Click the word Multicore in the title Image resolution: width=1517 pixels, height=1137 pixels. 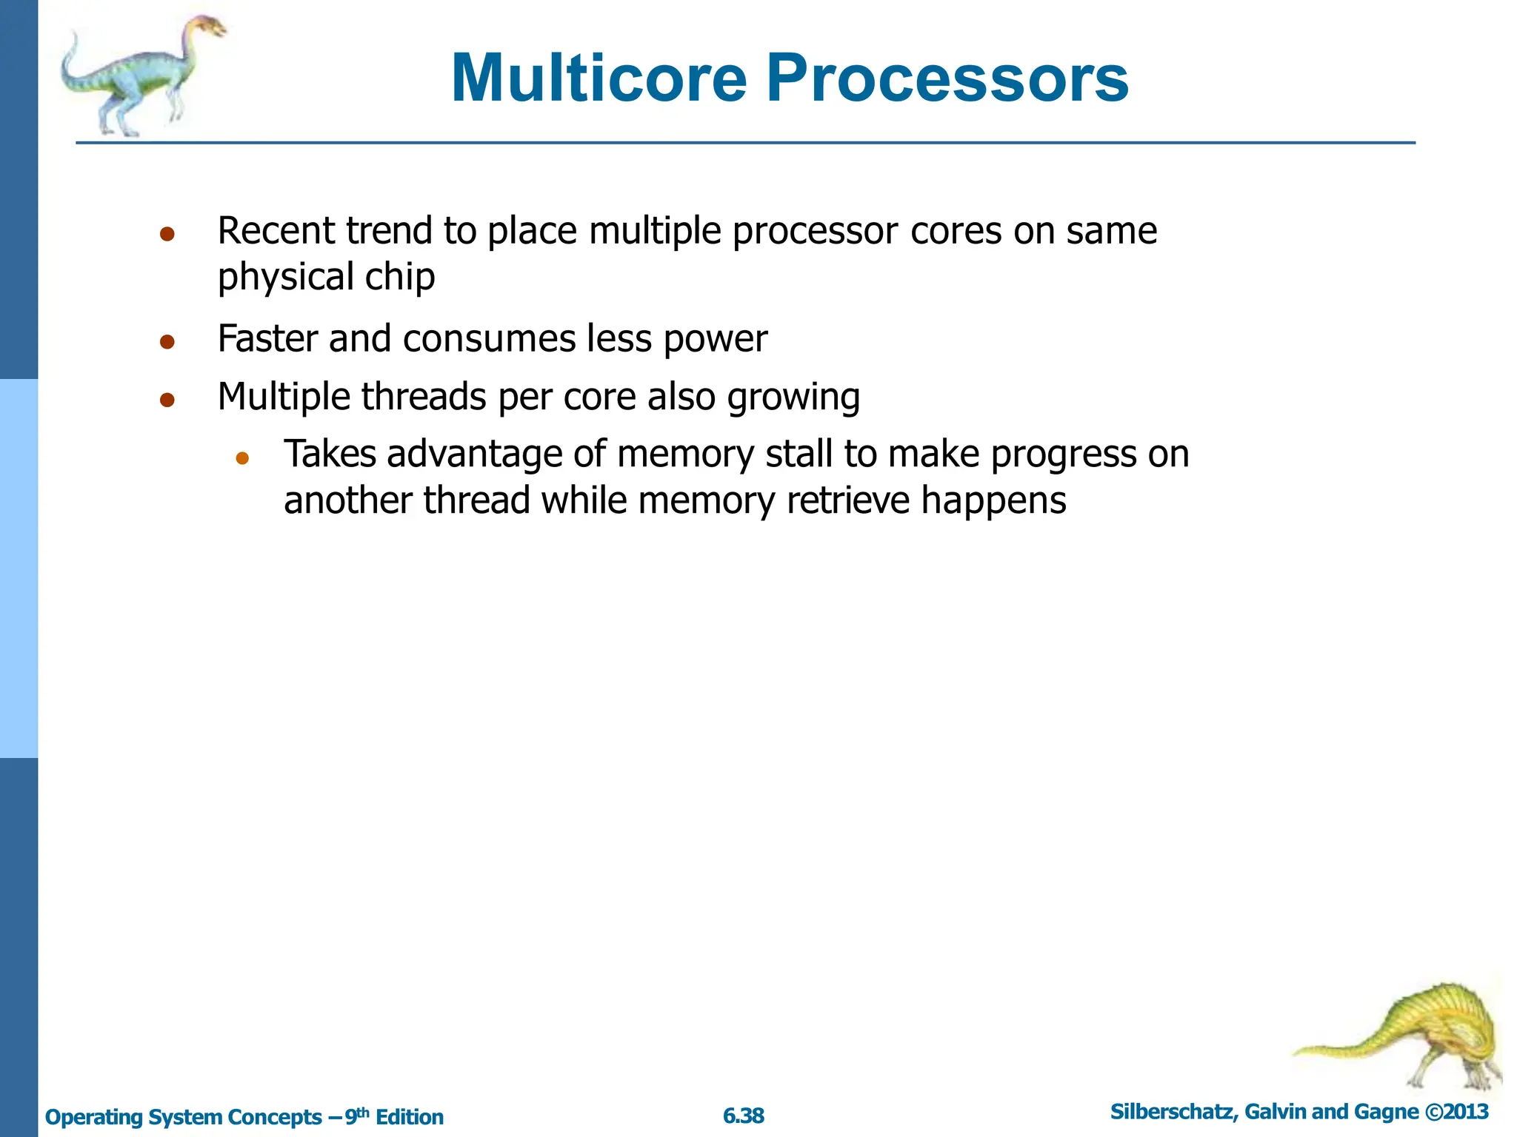pyautogui.click(x=599, y=78)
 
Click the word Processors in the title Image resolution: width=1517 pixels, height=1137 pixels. pyautogui.click(x=947, y=78)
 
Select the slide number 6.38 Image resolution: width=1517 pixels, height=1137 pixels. pyautogui.click(x=743, y=1116)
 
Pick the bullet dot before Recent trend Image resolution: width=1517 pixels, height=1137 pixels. pyautogui.click(x=167, y=235)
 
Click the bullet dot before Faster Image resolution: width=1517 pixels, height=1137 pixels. pyautogui.click(x=167, y=342)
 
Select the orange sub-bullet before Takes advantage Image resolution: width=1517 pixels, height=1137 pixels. pyautogui.click(x=242, y=458)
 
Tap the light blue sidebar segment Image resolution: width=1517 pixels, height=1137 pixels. pyautogui.click(x=19, y=568)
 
